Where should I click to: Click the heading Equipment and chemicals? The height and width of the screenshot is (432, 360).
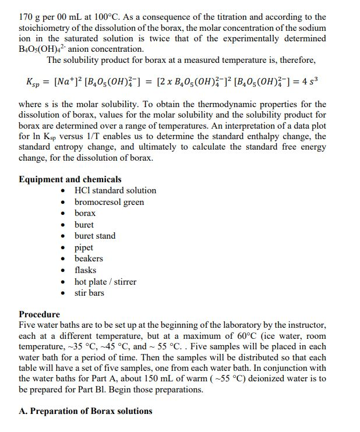70,179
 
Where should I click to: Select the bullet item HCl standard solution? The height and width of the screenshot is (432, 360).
115,190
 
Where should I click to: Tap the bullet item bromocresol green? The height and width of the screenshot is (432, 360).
109,202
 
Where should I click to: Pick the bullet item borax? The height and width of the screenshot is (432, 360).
85,213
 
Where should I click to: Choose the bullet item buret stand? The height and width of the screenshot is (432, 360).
95,236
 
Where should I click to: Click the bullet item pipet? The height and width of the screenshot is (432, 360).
84,247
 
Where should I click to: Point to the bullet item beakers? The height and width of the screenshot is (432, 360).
89,259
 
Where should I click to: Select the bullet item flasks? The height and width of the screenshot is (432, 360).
85,270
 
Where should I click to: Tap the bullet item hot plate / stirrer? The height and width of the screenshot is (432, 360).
105,282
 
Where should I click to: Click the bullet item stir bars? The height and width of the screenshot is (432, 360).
89,293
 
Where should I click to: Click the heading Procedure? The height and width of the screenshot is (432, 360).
39,314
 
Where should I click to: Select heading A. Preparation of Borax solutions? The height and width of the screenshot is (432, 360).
85,411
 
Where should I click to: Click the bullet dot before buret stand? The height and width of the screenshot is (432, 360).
63,236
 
